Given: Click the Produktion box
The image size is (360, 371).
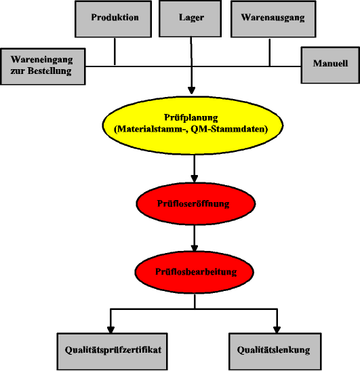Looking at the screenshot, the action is click(113, 19).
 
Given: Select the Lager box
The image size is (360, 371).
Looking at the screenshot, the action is click(191, 19).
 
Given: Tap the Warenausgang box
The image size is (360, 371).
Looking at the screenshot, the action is click(273, 19).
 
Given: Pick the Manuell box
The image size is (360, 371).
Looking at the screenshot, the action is click(330, 65).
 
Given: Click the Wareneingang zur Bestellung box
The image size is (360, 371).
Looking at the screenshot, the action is click(43, 66).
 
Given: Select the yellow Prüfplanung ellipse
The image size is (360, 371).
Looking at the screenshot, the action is click(193, 125).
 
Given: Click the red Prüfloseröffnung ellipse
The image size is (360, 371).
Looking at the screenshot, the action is click(195, 203).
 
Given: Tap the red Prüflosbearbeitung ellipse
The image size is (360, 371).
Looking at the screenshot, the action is click(194, 272).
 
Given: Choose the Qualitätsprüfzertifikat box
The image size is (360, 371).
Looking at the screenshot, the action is click(112, 351).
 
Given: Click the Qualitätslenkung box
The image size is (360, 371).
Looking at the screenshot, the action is click(275, 351).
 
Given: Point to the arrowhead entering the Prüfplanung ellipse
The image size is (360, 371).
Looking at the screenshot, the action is click(191, 91).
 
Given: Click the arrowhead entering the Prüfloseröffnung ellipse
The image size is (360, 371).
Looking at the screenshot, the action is click(195, 179).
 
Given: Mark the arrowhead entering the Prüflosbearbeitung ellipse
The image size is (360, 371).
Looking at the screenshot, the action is click(195, 248).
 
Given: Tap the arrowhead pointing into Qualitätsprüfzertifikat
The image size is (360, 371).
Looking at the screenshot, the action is click(111, 330).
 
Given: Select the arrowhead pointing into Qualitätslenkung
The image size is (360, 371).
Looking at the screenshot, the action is click(277, 330).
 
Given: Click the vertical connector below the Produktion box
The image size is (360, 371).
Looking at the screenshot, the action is click(115, 51).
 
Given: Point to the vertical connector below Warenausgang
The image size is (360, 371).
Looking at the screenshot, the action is click(269, 52).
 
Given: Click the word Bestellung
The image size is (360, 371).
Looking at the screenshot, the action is click(49, 71).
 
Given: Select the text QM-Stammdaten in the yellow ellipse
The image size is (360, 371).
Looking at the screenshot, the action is click(229, 129).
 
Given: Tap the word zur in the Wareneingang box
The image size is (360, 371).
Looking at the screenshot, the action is click(18, 71).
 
